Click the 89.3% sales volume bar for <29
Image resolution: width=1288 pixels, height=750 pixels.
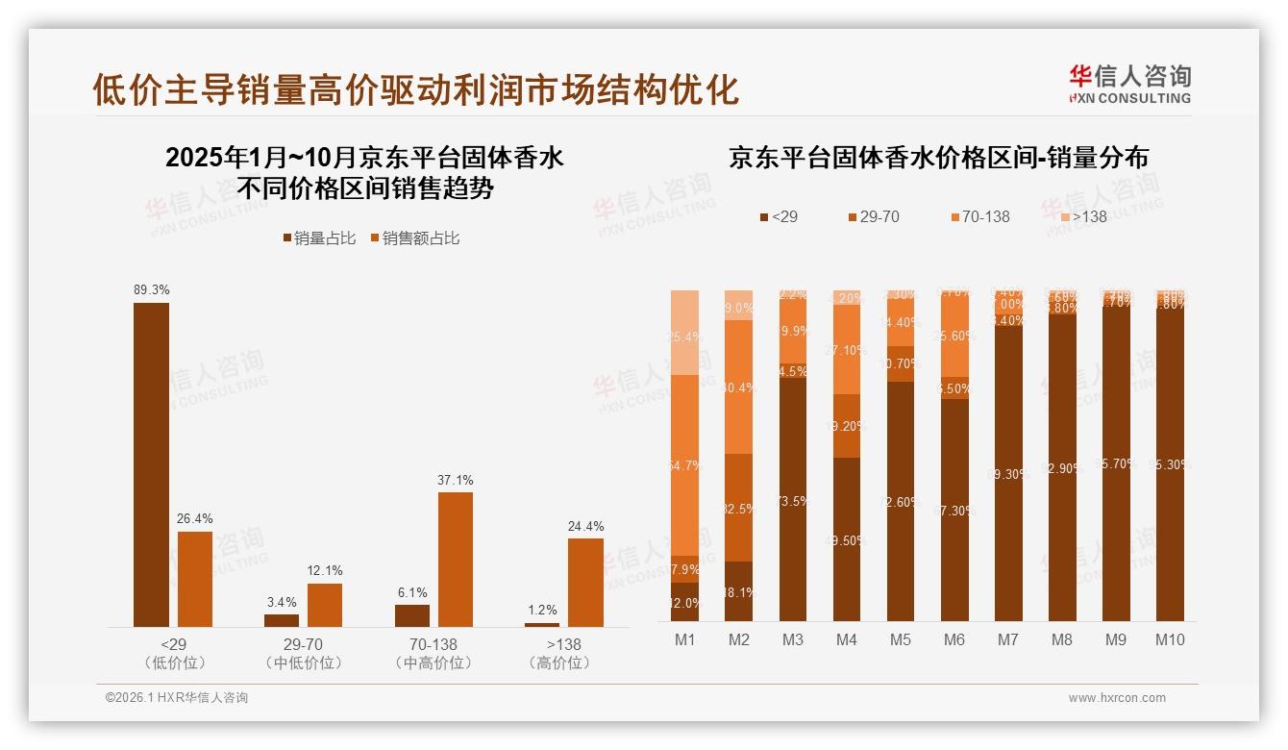[x=151, y=464]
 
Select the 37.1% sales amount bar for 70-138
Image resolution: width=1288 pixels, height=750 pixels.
[x=456, y=560]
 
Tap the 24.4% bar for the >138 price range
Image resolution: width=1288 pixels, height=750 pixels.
[x=585, y=583]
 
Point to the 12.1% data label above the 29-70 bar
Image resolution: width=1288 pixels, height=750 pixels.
[x=325, y=570]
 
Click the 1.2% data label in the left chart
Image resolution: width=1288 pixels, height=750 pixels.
[x=542, y=610]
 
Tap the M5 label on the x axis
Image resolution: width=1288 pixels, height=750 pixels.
[x=901, y=639]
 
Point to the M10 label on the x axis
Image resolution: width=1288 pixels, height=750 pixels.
[x=1170, y=639]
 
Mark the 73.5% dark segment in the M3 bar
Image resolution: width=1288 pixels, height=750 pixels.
[x=793, y=500]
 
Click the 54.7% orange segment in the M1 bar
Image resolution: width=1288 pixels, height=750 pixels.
[x=685, y=465]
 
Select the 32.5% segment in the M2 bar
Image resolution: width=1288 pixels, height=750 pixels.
[x=739, y=508]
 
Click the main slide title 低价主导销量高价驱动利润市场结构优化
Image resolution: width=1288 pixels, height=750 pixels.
[x=415, y=88]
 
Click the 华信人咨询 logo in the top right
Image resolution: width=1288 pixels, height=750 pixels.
[x=1129, y=84]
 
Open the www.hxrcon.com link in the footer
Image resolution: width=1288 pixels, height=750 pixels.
[x=1117, y=698]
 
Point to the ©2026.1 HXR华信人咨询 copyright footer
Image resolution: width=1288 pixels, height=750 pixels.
[x=177, y=698]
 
